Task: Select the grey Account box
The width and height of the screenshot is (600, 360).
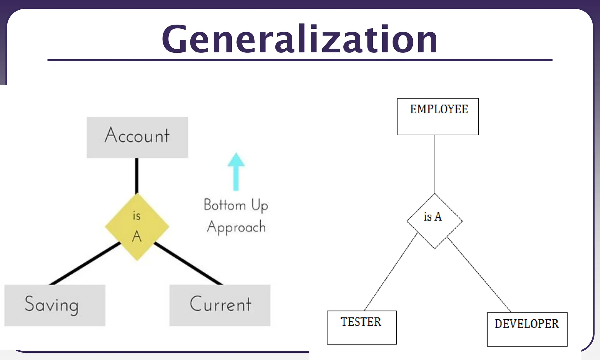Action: [137, 137]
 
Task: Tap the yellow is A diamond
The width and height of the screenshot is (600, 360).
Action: [137, 226]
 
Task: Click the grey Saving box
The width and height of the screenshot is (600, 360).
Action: [55, 305]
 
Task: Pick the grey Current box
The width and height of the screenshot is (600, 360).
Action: [220, 305]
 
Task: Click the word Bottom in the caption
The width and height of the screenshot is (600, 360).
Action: [225, 205]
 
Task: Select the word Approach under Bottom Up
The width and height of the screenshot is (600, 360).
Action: [236, 227]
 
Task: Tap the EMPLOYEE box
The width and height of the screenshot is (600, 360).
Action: [438, 117]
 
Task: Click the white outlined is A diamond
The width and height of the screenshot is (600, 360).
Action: [434, 221]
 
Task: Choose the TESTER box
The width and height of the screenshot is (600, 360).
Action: [362, 327]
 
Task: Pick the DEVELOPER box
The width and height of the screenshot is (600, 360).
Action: [527, 329]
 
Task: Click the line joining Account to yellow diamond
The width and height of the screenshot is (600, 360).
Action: [137, 176]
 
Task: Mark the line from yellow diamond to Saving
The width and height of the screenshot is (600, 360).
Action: [85, 264]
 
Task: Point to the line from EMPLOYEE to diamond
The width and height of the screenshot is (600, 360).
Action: [434, 164]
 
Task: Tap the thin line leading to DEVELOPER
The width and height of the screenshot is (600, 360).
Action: [479, 274]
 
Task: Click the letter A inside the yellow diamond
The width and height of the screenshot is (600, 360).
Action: [137, 236]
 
